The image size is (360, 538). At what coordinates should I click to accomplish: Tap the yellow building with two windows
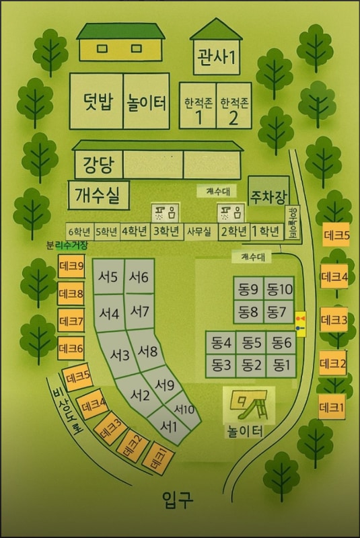coord(121,48)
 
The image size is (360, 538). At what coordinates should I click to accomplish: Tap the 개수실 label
coord(98,196)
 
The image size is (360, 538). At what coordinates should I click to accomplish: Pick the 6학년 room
coord(79,232)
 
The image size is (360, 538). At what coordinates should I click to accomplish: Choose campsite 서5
coord(108,277)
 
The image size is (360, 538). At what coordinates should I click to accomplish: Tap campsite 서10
coord(184,409)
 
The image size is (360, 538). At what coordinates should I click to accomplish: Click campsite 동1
coord(281,365)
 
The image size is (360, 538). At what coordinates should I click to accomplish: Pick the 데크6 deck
coord(71,348)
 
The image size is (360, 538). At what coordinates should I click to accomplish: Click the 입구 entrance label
coord(178,499)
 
